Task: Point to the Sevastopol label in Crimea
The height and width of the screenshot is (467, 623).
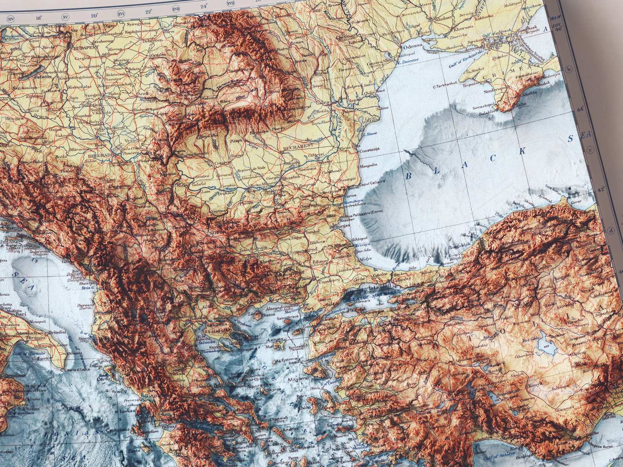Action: (485, 106)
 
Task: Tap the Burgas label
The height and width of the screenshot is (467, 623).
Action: (343, 226)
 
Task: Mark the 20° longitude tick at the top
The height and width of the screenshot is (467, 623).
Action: (94, 16)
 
